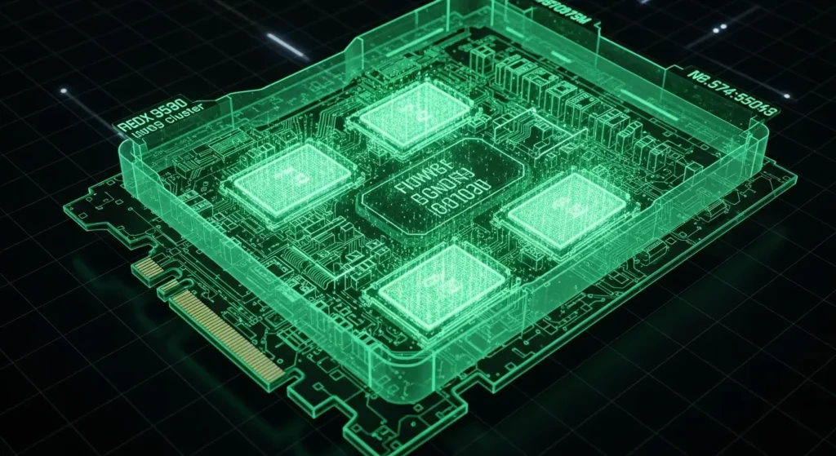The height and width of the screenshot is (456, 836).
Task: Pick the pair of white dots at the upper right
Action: point(718,29)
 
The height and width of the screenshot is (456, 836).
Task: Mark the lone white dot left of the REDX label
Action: point(64,91)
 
